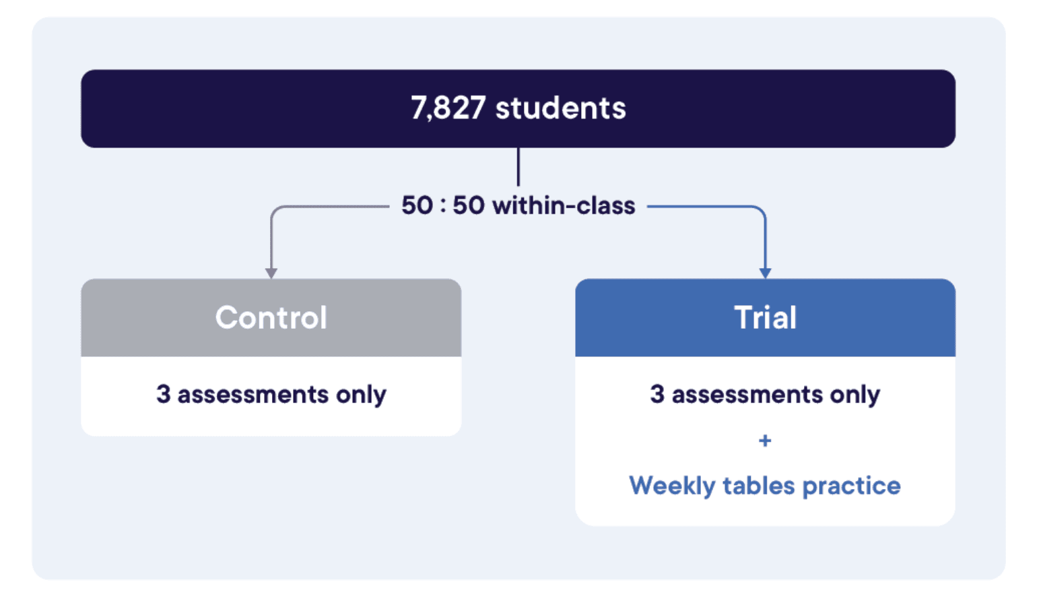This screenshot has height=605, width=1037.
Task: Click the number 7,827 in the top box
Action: [x=448, y=108]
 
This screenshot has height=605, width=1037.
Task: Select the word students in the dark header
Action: [x=560, y=108]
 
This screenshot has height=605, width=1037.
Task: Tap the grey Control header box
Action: [x=271, y=317]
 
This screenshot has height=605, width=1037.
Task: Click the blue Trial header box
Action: [x=765, y=317]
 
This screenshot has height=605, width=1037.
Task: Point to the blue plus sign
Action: [x=765, y=441]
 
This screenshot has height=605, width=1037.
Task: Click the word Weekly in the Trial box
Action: [x=671, y=486]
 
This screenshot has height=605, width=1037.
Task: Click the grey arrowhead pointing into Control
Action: [x=271, y=273]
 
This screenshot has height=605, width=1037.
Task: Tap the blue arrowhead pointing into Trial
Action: [x=765, y=273]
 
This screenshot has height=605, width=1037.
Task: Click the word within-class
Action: [x=564, y=205]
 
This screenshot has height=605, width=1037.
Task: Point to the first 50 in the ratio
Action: [x=417, y=205]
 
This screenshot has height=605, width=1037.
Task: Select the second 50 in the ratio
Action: [x=468, y=205]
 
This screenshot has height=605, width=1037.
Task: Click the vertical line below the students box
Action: [x=518, y=166]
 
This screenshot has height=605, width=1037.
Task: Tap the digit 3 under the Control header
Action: [x=163, y=394]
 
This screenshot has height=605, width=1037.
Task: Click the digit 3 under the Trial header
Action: [x=657, y=394]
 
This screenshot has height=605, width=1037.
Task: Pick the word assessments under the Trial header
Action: [x=747, y=394]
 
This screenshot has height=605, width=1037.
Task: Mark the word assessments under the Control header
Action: [x=253, y=394]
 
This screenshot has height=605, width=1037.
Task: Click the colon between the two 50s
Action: [x=442, y=206]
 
